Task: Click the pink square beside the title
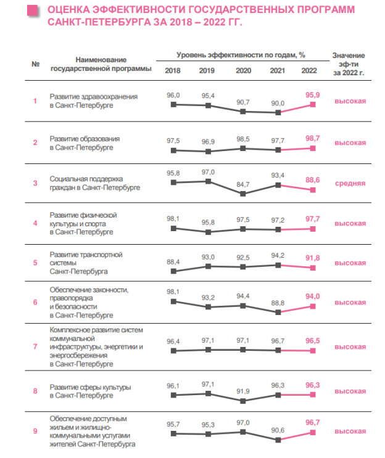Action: [32, 10]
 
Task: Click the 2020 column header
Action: [243, 71]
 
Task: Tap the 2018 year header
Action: [173, 71]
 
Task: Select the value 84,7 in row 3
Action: [243, 184]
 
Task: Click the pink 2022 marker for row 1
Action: [313, 105]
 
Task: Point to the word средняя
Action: [350, 184]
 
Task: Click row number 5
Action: [35, 263]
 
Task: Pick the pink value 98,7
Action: [312, 138]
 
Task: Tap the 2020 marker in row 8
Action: [242, 401]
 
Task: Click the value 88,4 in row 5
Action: [173, 262]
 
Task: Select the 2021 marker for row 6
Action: [278, 313]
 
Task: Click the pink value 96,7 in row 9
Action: [312, 422]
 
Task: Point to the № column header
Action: [35, 64]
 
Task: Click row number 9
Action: [35, 431]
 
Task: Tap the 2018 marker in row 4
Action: [173, 229]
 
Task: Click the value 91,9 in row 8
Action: [243, 391]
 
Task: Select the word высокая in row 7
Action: [350, 347]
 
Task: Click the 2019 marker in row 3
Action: [208, 181]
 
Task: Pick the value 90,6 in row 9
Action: [278, 430]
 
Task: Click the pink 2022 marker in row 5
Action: [313, 268]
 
